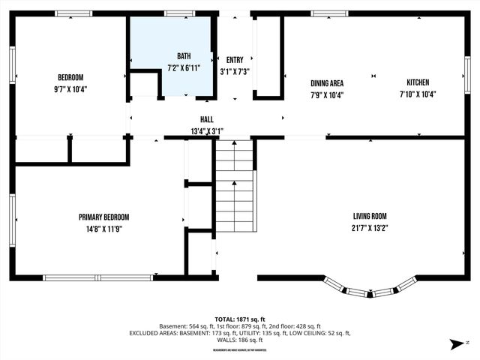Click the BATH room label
tap(184, 56)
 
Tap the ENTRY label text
tap(235, 60)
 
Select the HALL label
tap(205, 119)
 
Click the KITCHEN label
tap(418, 82)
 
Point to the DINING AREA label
tap(327, 82)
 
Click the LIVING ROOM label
tap(369, 216)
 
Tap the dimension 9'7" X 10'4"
tap(70, 89)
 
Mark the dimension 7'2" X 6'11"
tap(184, 67)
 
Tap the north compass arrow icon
tap(454, 344)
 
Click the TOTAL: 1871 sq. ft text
tap(239, 317)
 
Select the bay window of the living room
tap(370, 289)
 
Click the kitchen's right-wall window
tap(466, 75)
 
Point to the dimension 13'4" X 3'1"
tap(205, 130)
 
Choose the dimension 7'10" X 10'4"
tap(418, 94)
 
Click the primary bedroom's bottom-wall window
tap(97, 277)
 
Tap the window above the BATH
tap(179, 13)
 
